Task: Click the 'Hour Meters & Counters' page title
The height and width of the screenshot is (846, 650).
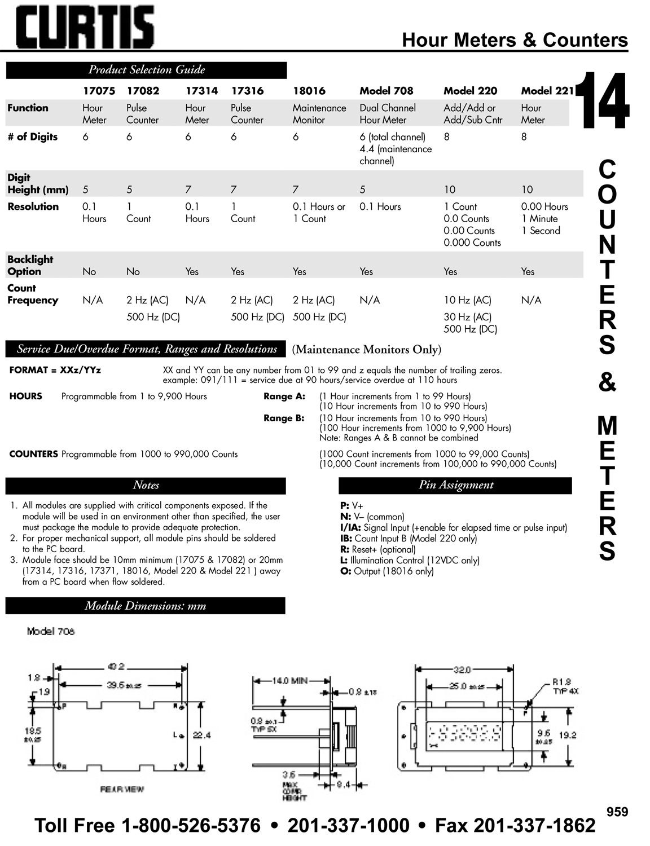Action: coord(514,40)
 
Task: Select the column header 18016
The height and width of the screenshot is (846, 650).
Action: coord(309,91)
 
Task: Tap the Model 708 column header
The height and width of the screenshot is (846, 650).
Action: coord(386,91)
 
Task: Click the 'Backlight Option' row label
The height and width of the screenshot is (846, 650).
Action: coord(30,265)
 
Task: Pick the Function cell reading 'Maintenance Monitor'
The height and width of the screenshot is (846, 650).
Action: coord(319,114)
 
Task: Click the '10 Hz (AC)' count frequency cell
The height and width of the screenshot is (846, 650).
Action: coord(467,300)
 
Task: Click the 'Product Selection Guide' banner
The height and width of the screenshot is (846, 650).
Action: coord(146,70)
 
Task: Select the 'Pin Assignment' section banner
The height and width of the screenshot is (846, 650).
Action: coord(455,485)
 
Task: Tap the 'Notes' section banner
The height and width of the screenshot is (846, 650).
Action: coord(146,485)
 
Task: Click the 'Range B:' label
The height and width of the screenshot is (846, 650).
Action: coord(284,418)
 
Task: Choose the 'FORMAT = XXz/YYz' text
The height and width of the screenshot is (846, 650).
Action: coord(55,371)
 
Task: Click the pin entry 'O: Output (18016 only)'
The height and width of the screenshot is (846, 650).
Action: coord(387,571)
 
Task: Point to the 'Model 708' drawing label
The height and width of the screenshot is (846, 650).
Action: coord(51,631)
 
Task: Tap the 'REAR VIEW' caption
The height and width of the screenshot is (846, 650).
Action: coord(122,789)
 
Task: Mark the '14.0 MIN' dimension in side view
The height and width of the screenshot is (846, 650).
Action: coord(289,681)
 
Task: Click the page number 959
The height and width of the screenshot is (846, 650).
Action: coord(617,812)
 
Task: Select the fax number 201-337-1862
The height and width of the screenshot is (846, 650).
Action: coord(534,826)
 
